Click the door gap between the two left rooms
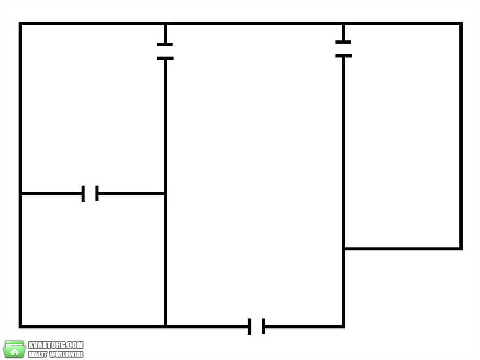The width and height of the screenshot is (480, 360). click(90, 194)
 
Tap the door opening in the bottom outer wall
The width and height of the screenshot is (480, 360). click(256, 326)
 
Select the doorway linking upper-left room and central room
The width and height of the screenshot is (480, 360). click(165, 51)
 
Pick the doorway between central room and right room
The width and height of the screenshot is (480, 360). click(343, 49)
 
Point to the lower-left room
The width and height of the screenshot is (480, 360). click(93, 260)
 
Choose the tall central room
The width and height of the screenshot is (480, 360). click(254, 175)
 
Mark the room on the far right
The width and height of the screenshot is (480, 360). click(402, 135)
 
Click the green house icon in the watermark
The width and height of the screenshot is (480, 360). click(14, 349)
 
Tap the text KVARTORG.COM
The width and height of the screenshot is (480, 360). click(56, 345)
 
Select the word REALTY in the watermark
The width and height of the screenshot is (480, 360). click(37, 354)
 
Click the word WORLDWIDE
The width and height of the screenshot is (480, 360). click(67, 354)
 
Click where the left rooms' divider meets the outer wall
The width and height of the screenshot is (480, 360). click(21, 194)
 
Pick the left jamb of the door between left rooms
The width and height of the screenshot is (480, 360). click(83, 194)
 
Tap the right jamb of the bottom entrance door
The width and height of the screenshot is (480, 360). click(263, 326)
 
